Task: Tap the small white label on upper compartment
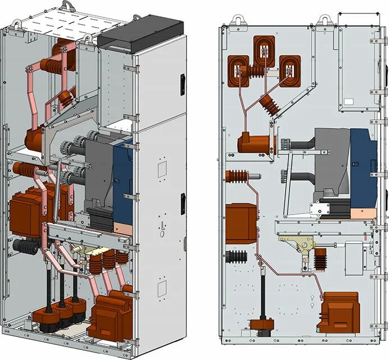349,102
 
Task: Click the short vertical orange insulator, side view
321,259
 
